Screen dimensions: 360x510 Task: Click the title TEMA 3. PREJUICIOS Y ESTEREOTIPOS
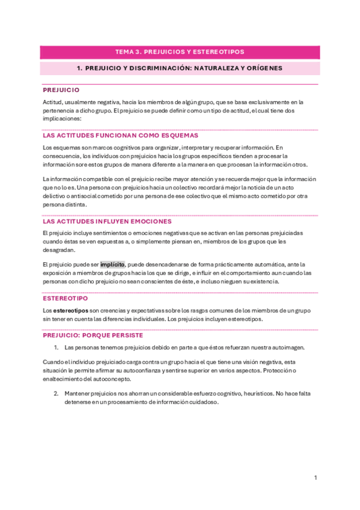180,52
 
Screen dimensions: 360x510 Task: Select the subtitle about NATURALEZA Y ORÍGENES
180,69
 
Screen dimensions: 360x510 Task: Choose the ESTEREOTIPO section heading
65,298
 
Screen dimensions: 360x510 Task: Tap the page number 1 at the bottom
316,478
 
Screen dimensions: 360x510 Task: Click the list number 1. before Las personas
56,348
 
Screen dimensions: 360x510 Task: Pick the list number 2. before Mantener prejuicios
56,393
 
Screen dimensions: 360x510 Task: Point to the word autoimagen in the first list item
288,348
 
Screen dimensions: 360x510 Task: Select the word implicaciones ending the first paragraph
64,119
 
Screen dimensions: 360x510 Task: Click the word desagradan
59,250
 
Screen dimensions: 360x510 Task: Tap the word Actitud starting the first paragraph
52,102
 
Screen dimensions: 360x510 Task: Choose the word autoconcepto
111,379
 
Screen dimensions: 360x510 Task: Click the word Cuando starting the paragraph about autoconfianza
53,362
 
